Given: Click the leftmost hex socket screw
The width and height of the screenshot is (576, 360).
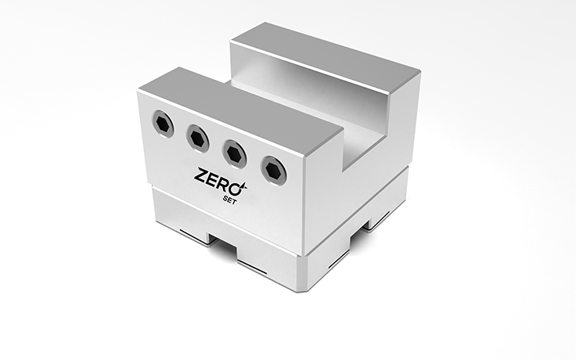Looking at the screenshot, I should coord(163,123).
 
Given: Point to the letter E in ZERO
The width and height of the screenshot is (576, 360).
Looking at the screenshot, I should coord(212,178).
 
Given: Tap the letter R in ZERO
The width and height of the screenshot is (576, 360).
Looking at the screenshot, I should coord(225,183).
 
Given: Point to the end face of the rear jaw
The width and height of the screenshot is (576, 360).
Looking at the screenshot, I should coord(399,117).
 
